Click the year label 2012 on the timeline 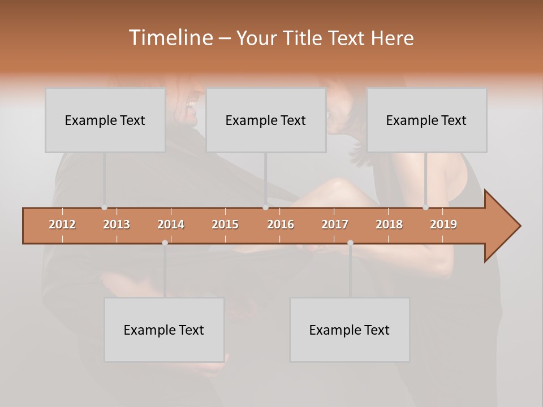tap(62, 224)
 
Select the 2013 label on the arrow tap(117, 224)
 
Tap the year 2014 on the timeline tap(171, 224)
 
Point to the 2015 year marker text tap(225, 224)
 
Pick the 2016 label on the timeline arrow tap(281, 224)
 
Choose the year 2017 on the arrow tap(335, 224)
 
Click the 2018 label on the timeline tap(389, 224)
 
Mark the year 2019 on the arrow tap(443, 224)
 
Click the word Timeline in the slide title tap(170, 38)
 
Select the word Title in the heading tap(303, 38)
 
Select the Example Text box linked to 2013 tap(105, 120)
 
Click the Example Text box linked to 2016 tap(266, 120)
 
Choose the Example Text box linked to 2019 tap(426, 120)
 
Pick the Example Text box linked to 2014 tap(164, 330)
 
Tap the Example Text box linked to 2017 tap(350, 330)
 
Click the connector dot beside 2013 tap(104, 207)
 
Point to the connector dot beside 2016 tap(265, 207)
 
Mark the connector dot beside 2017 tap(350, 243)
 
